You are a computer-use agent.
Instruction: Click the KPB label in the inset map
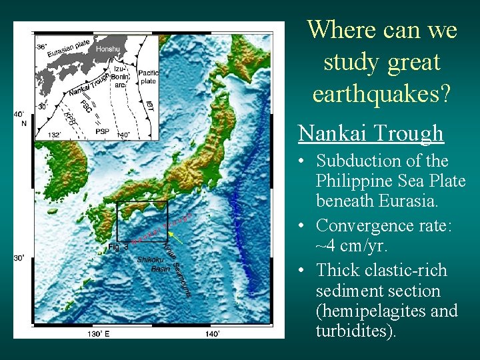[x=69, y=119]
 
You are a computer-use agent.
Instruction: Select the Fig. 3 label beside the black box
[x=118, y=247]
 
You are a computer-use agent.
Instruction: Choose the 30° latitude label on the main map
[x=20, y=257]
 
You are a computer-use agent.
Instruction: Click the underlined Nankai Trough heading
[x=370, y=133]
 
